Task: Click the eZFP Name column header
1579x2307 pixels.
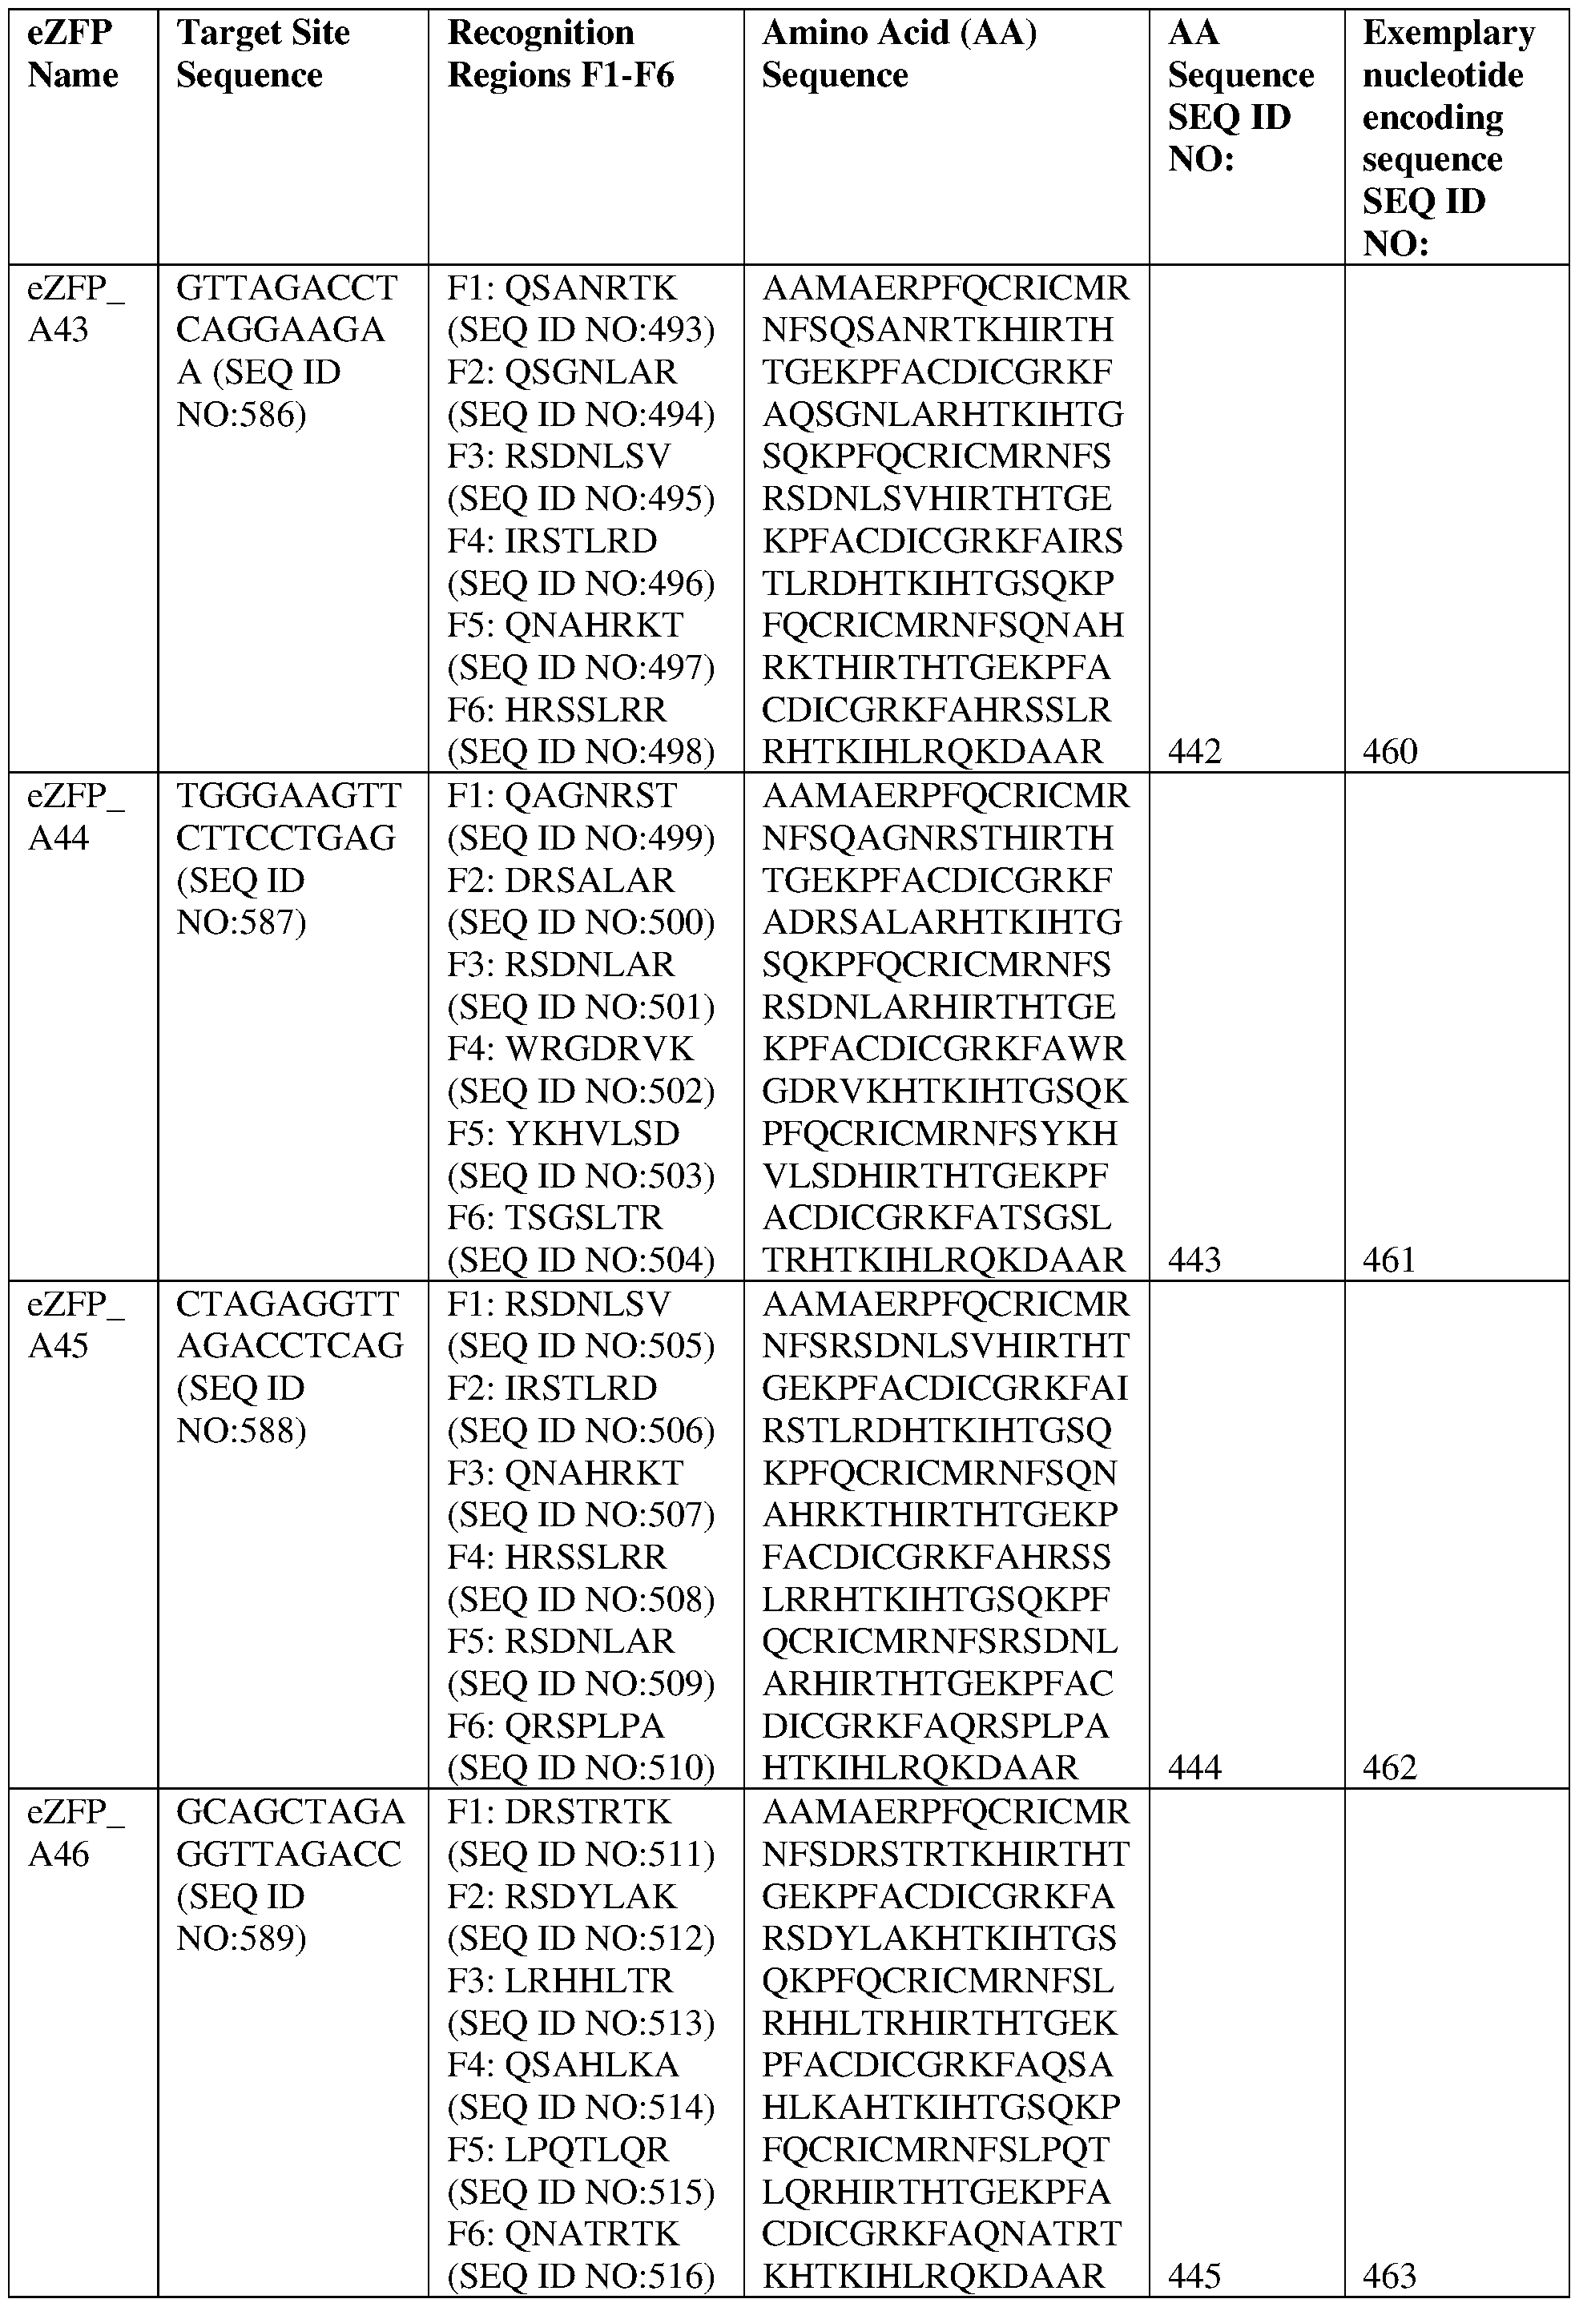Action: click(x=72, y=54)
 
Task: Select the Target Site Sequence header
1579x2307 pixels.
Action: click(x=262, y=54)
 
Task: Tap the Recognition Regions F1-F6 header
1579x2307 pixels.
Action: click(x=560, y=54)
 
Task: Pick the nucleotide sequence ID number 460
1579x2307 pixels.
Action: click(x=1390, y=751)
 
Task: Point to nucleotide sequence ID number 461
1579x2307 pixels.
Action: click(x=1389, y=1260)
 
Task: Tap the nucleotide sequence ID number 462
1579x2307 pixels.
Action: click(x=1390, y=1767)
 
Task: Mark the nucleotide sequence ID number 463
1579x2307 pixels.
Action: click(x=1390, y=2274)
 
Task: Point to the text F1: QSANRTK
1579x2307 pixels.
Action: click(x=562, y=288)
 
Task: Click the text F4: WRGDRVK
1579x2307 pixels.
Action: click(x=571, y=1048)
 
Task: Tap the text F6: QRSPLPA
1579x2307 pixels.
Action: click(x=556, y=1726)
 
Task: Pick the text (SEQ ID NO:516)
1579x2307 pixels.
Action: click(x=581, y=2274)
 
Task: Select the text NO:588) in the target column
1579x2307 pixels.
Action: click(x=241, y=1430)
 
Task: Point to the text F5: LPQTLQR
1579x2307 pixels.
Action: click(x=559, y=2149)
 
